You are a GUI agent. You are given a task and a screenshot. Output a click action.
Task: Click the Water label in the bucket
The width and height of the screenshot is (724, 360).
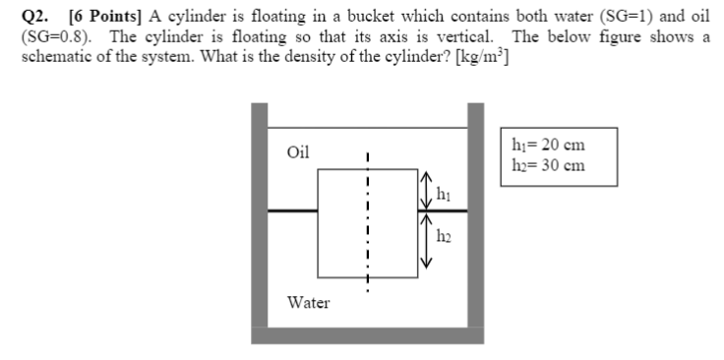(x=308, y=302)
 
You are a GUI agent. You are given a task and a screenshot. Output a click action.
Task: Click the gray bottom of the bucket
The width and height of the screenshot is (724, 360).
(x=367, y=334)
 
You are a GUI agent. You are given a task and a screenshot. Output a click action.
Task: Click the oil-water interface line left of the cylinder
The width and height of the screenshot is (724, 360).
(x=292, y=208)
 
